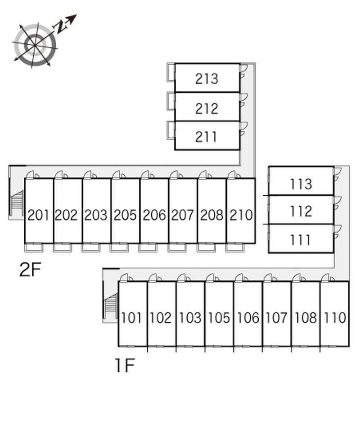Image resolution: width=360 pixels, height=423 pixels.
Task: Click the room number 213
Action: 207,79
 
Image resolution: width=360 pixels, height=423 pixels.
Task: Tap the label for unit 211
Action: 206,137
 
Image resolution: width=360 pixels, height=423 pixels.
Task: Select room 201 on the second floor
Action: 38,215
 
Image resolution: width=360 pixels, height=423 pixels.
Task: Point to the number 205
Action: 125,215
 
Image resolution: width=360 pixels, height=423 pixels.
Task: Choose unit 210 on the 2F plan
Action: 241,215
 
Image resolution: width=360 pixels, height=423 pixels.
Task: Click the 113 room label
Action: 301,184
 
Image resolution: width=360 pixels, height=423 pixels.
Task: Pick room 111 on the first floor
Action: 300,240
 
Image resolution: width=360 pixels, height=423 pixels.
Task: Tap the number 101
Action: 131,318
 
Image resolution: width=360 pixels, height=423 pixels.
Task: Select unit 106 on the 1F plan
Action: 248,318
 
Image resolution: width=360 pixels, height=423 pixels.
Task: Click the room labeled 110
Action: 335,318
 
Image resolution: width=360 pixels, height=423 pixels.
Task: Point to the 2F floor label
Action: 30,269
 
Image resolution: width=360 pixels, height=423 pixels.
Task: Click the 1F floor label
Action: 125,365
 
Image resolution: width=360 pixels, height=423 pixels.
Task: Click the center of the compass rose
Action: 35,45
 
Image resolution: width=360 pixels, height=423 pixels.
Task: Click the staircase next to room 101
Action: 111,306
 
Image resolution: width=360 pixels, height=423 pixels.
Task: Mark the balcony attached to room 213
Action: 171,72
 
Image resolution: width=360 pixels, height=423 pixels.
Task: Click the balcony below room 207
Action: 177,247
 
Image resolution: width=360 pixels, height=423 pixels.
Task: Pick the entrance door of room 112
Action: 337,203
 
